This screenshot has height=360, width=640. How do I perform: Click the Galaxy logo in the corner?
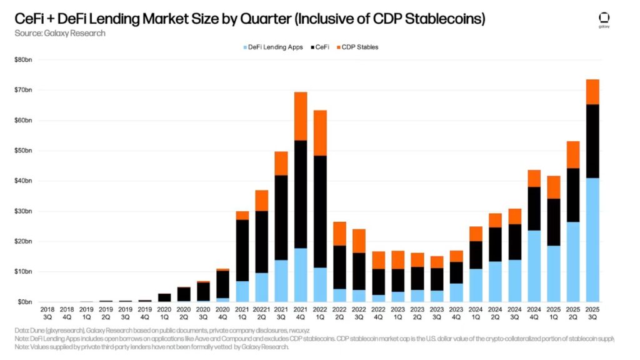604,20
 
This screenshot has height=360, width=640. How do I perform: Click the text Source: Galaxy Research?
60,33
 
